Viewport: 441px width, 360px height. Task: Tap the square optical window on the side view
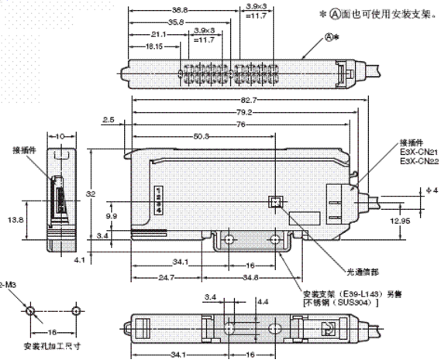coord(274,201)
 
